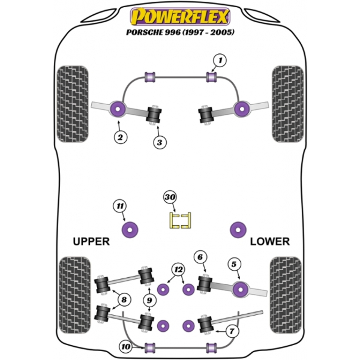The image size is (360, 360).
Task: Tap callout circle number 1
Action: tap(220, 60)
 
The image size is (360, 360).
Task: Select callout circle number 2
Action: tap(120, 137)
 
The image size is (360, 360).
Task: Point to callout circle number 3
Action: tap(159, 142)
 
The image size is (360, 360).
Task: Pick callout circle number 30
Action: tap(170, 197)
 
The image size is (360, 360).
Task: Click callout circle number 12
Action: tap(177, 269)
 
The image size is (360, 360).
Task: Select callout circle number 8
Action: tap(125, 299)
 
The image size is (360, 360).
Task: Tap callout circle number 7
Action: tap(232, 331)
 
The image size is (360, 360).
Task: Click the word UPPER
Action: tap(91, 242)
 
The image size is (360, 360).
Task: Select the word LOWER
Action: tap(269, 242)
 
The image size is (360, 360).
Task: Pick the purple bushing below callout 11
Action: tap(129, 229)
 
